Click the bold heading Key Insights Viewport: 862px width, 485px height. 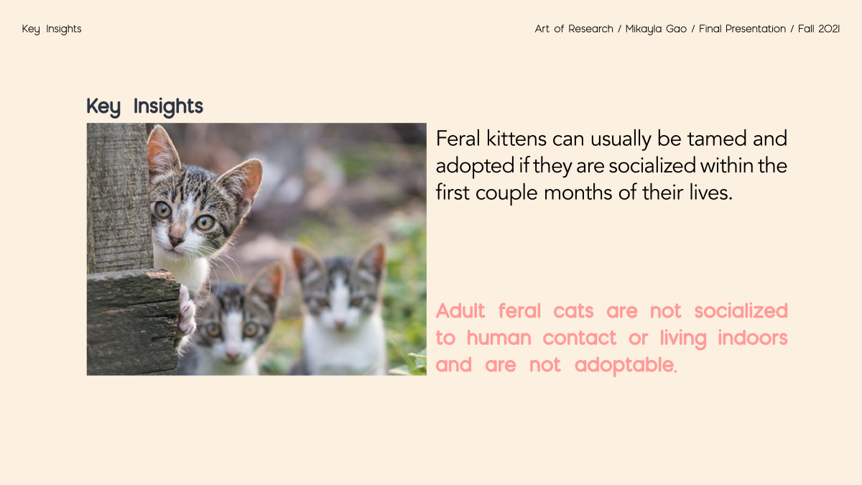[144, 106]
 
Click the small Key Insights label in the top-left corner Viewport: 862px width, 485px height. [52, 29]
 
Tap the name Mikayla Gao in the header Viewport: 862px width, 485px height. [656, 29]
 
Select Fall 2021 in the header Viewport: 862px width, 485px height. [819, 29]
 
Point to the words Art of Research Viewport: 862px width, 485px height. [574, 29]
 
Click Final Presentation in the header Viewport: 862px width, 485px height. [742, 29]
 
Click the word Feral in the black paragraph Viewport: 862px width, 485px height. [458, 139]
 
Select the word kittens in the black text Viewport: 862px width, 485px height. [516, 139]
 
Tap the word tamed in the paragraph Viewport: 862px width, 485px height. [717, 139]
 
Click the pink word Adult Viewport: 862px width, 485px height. [460, 310]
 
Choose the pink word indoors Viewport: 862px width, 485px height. [753, 338]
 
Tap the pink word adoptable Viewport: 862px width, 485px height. [626, 366]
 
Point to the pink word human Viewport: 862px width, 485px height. [499, 338]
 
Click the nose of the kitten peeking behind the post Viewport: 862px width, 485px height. [176, 241]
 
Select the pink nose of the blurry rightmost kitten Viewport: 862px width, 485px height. [340, 325]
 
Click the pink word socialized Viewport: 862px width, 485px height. [741, 310]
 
